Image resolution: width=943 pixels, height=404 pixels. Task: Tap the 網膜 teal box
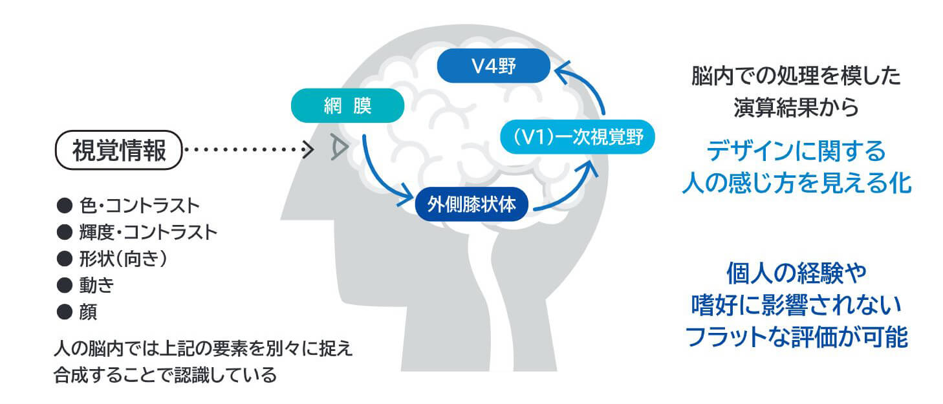[x=347, y=105]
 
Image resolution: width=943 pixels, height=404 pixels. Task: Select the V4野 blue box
[x=493, y=66]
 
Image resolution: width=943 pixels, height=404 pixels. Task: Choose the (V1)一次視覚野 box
[x=578, y=138]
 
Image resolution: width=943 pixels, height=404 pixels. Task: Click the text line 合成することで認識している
[x=166, y=375]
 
